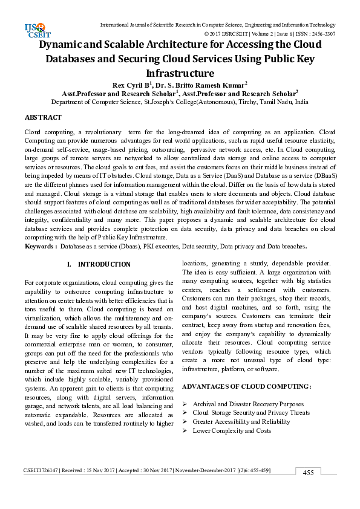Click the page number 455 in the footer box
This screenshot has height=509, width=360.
coord(308,473)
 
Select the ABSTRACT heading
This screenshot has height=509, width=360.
coord(43,117)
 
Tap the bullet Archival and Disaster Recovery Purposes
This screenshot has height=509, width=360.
coord(248,404)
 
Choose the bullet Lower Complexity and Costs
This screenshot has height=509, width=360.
coord(232,430)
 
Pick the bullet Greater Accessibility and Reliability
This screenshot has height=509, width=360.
coord(241,421)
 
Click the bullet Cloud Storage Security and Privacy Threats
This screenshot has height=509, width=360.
coord(251,413)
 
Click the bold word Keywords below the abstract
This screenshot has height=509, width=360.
coord(41,247)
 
